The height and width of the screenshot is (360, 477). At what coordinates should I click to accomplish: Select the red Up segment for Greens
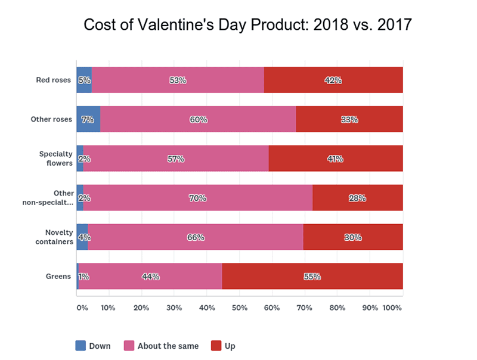coord(312,277)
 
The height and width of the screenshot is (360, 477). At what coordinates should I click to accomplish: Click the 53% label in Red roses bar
coord(178,80)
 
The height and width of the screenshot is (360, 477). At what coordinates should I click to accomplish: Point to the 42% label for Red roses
coord(333,80)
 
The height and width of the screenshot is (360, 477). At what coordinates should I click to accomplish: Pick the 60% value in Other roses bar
coord(199,120)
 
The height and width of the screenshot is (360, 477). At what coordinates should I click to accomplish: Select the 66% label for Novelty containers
coord(196,237)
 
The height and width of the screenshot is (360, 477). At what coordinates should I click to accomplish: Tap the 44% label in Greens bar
coord(150,277)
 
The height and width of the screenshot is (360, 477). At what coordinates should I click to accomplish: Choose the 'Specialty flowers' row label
coord(56,159)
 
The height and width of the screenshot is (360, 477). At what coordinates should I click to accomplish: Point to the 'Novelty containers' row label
coord(55,237)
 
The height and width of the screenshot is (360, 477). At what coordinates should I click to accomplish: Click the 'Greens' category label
coord(58,277)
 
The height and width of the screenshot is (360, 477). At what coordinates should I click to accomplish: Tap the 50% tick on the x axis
coord(240,308)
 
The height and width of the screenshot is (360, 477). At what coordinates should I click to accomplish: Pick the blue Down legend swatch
coord(81,346)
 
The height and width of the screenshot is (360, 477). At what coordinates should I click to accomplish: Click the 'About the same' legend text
coord(165,346)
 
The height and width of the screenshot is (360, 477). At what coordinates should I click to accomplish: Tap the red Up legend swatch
coord(217,346)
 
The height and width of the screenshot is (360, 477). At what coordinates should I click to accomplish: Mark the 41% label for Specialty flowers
coord(334,159)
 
